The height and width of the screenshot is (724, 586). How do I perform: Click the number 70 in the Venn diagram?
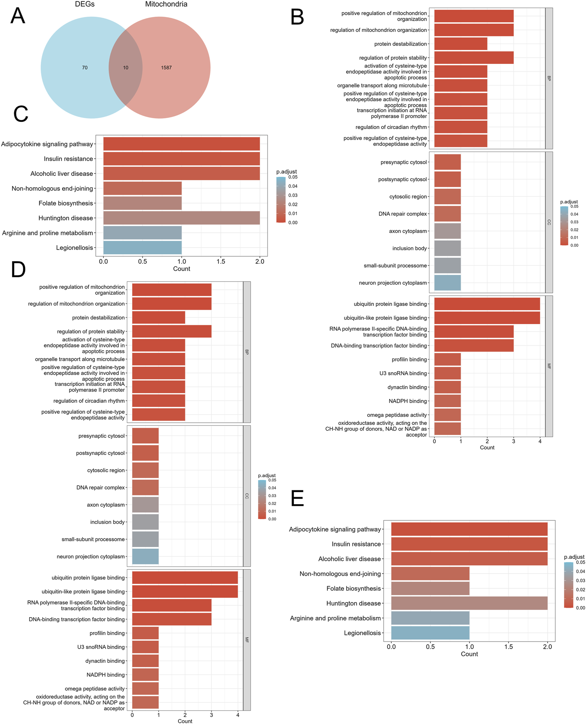tap(85, 67)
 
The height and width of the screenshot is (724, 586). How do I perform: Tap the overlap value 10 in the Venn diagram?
tap(126, 67)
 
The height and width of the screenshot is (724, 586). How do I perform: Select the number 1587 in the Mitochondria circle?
tap(166, 67)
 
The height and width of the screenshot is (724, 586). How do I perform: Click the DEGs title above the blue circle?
tap(85, 4)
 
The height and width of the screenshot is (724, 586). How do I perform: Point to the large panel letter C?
tap(21, 114)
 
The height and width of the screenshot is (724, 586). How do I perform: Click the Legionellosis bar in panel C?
tap(142, 247)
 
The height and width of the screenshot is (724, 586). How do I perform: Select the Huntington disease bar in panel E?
tap(469, 603)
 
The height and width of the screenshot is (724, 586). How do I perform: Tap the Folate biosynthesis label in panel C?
tap(65, 203)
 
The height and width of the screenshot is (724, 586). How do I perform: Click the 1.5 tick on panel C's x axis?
tap(221, 261)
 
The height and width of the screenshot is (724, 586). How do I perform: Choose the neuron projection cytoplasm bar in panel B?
tap(447, 282)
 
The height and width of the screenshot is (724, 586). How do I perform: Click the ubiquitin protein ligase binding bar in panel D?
tap(185, 577)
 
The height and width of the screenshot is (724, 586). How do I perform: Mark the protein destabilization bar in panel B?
tap(460, 44)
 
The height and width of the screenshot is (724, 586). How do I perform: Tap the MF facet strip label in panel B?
tap(549, 366)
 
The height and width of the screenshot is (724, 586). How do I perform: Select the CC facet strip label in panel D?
tap(247, 496)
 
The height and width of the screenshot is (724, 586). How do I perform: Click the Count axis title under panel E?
tap(469, 654)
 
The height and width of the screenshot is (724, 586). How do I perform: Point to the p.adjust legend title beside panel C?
tap(286, 171)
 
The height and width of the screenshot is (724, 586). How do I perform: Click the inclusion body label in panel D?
tap(107, 522)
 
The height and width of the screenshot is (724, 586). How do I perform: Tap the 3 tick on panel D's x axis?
tap(211, 714)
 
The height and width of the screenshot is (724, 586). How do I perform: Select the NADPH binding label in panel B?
tap(407, 401)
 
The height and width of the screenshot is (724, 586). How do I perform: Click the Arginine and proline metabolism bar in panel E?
tap(430, 618)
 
